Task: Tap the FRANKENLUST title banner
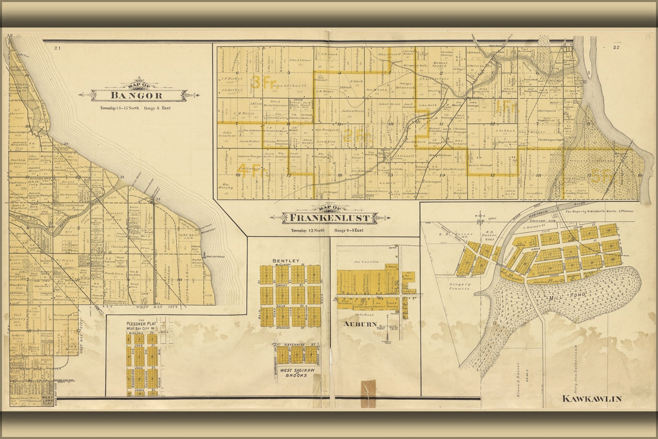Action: [x=329, y=217]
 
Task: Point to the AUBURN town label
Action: [x=360, y=324]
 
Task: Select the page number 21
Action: [x=57, y=48]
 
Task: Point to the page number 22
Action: [x=616, y=47]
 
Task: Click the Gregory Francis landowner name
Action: [x=459, y=287]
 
